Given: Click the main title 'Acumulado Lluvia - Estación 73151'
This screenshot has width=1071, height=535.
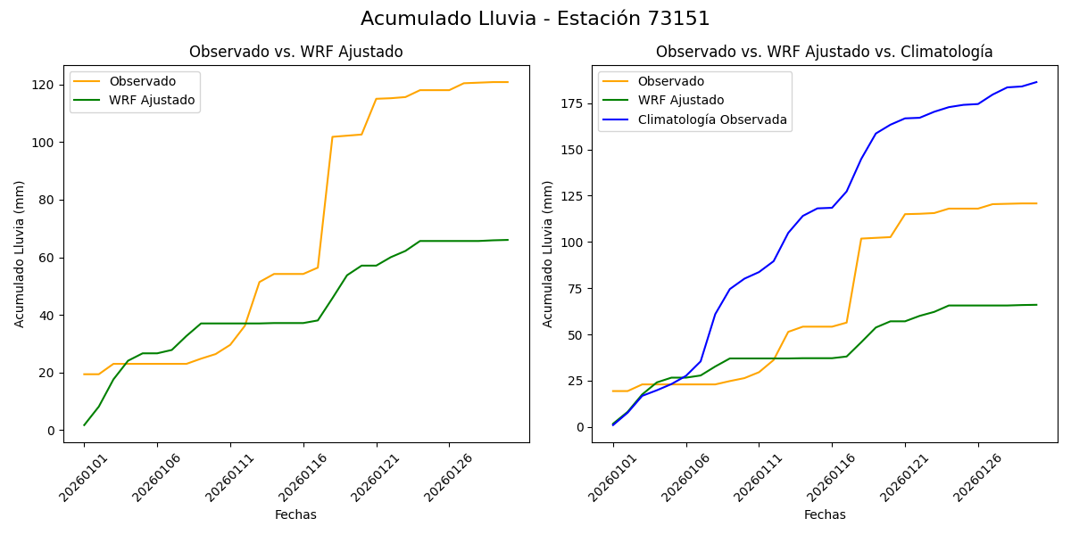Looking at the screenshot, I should coord(535,19).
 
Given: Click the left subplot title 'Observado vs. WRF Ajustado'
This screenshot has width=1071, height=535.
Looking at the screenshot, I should coord(295,53).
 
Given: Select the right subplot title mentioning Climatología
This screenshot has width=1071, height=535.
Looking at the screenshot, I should coord(824,53).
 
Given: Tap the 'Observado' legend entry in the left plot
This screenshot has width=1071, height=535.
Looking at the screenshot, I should coord(142,82).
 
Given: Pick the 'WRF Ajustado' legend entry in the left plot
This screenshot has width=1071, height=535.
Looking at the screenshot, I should coord(152,101).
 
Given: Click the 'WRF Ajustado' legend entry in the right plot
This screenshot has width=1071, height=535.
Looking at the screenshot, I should coord(680,101).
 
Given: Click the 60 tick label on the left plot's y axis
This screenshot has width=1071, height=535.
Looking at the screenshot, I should coord(47,258).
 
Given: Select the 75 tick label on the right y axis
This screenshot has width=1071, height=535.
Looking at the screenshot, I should coord(576,289).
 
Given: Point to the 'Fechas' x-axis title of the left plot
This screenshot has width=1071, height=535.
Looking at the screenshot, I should coord(295,515).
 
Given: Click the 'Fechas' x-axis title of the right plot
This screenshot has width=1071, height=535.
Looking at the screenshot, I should coord(825,515).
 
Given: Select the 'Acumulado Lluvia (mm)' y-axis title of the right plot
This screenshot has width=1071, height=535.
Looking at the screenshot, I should coord(548,254).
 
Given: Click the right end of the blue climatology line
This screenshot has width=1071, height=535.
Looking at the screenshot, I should coord(1036,82).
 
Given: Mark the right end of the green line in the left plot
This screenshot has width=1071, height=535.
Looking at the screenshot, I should coord(508,240).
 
